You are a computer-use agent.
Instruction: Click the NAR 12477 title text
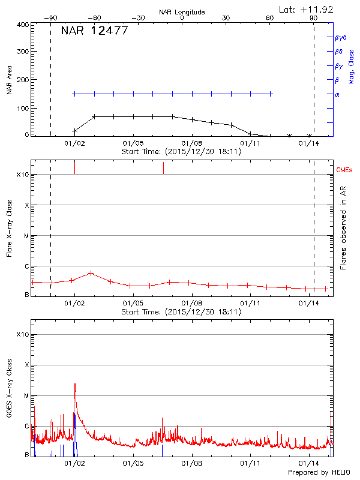pos(95,31)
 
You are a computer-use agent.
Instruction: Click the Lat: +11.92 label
pos(307,9)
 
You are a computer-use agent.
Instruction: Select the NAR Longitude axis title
pos(182,12)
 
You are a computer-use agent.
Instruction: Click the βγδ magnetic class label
pos(340,37)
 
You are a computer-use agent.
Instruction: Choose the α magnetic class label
pos(337,94)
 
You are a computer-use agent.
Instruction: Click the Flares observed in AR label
pos(343,228)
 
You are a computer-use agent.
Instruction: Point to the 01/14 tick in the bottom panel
pos(309,464)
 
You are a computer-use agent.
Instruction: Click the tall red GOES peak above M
pos(74,385)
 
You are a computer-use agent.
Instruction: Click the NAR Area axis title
pos(9,80)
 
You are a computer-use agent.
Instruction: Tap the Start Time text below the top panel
pos(181,151)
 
